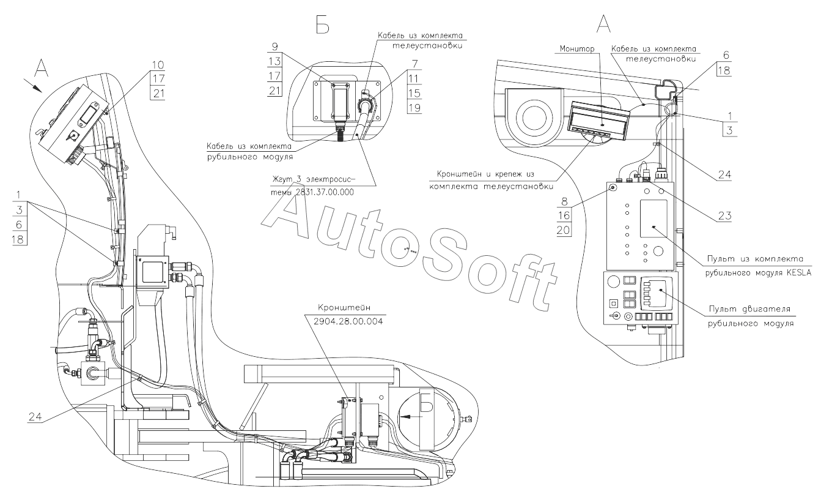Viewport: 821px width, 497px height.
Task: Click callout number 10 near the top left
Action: tap(158, 65)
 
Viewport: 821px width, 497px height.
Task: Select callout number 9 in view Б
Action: tap(274, 47)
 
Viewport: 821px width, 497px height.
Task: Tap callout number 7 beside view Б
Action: tap(414, 64)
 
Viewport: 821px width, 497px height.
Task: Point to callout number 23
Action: tap(724, 215)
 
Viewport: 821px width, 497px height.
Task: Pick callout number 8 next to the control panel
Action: tap(564, 201)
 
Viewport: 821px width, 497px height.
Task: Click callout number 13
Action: tap(274, 61)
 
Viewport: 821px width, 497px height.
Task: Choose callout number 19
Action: tap(414, 108)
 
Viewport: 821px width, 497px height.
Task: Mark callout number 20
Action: tap(564, 230)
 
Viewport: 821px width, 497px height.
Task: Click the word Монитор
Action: tap(577, 49)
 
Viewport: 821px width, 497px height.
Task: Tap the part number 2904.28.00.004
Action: tap(348, 321)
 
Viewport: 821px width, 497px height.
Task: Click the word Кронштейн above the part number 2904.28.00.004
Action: tap(344, 308)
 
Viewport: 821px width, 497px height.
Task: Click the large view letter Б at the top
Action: tap(323, 24)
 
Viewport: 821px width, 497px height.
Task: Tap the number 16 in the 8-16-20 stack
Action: tap(564, 215)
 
